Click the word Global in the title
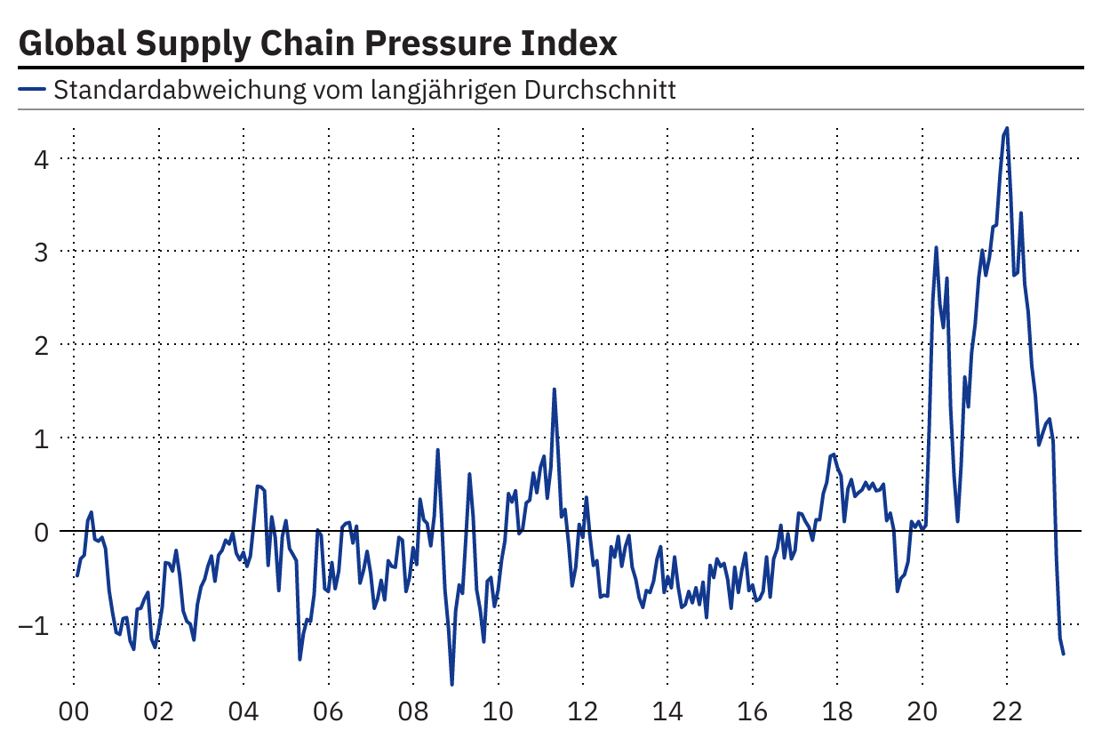click(x=66, y=43)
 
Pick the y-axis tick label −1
click(x=34, y=624)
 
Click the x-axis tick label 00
click(x=73, y=713)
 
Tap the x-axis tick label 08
click(x=413, y=713)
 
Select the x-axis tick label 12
click(x=583, y=713)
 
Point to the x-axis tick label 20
click(x=922, y=713)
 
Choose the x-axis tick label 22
click(x=1007, y=713)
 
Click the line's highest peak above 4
click(x=1007, y=128)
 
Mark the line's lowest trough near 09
click(x=451, y=684)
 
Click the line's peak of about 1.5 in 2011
click(x=554, y=390)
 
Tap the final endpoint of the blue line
click(x=1064, y=655)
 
